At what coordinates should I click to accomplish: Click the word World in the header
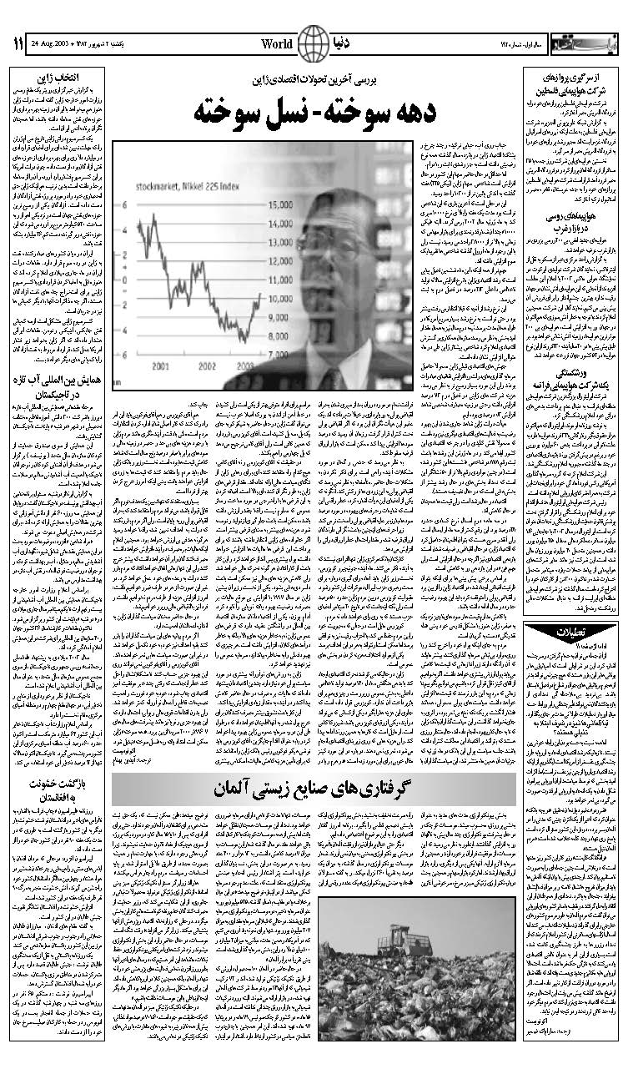[x=277, y=42]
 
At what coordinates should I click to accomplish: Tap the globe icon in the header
[x=314, y=40]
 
